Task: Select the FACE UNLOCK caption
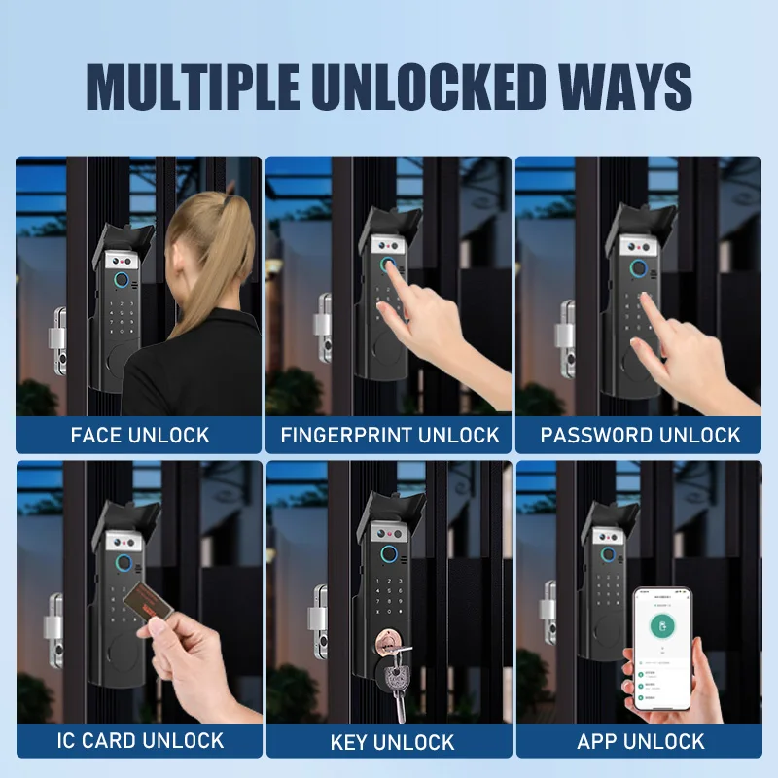139,434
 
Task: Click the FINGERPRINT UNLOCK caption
389,434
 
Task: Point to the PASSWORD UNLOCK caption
640,434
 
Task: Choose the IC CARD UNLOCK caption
139,741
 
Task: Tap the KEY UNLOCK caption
389,741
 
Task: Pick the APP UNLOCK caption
640,741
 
